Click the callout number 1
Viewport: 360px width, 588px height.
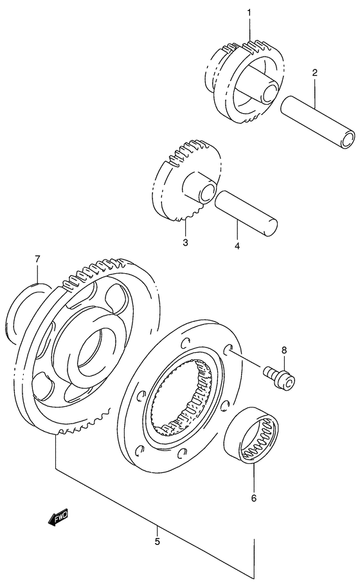[x=249, y=13]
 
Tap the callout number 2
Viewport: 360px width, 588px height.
[x=314, y=73]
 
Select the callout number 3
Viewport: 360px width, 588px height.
[x=184, y=242]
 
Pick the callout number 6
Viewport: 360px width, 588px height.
[x=253, y=497]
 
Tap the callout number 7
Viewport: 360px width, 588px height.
[x=37, y=259]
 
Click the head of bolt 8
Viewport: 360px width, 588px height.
[x=287, y=382]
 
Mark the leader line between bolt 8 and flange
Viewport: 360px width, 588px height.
[x=248, y=361]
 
